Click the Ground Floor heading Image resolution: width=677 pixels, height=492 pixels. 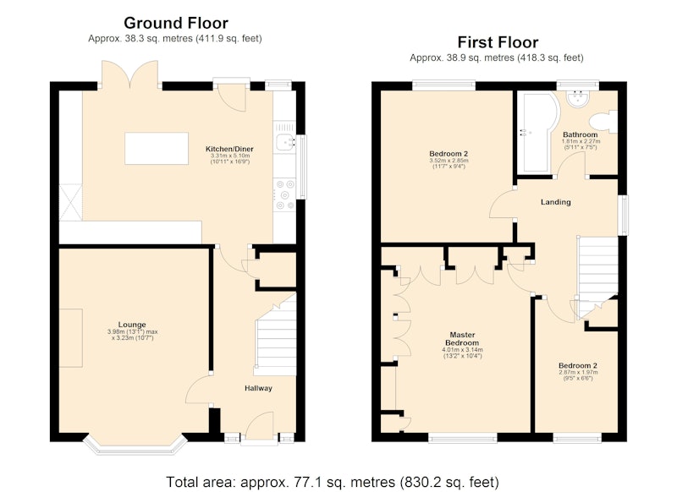coord(176,23)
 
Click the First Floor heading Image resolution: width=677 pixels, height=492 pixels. coord(498,42)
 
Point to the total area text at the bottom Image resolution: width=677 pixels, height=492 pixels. coord(333,482)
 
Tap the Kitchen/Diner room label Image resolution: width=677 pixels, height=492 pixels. coord(229,149)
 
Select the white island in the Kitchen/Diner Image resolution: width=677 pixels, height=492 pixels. coord(157,148)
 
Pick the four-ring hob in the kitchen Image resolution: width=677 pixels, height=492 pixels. coord(284,194)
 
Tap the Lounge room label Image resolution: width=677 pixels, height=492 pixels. coord(132,325)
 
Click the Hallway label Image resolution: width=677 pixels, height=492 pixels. coord(258,388)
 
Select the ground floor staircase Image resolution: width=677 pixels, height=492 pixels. coord(276,335)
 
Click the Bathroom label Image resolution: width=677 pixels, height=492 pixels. coord(581,134)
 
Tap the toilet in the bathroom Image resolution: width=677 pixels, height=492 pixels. coord(605,121)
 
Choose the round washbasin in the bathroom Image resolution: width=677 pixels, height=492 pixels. coord(578,99)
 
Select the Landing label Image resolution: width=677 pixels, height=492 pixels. coord(556,202)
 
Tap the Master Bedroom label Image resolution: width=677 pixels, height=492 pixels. coord(462,338)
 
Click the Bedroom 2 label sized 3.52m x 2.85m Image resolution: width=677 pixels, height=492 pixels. coord(449,154)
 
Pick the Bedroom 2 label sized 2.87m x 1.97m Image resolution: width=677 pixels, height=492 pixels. coord(578,366)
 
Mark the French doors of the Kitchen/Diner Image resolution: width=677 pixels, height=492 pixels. coord(129,75)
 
